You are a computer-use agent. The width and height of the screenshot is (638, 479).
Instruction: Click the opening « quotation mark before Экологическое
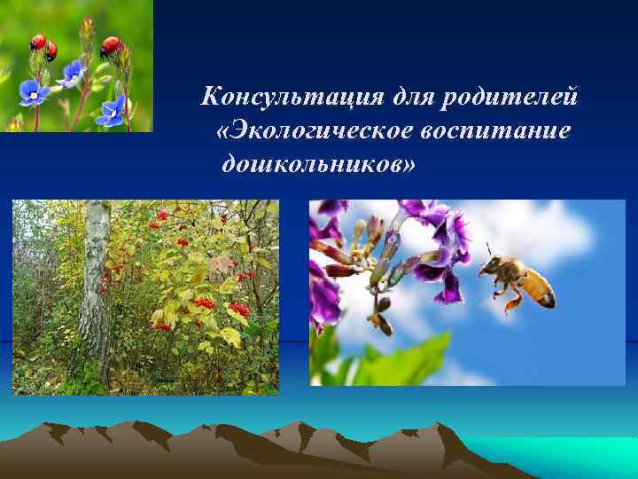222,131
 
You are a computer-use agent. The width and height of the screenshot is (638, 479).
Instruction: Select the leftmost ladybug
37,42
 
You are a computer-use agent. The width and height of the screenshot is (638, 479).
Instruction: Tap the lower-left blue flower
34,91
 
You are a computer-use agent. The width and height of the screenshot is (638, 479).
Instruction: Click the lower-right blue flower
113,109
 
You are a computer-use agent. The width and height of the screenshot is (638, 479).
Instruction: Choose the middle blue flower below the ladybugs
73,74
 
